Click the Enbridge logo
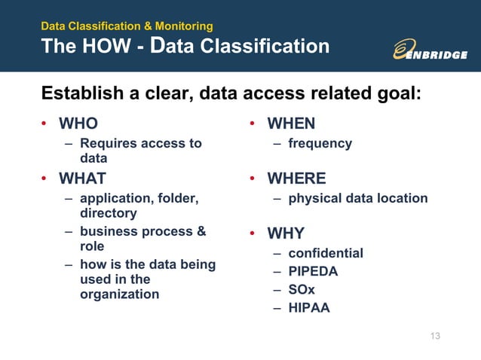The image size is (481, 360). pyautogui.click(x=430, y=49)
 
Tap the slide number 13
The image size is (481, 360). pyautogui.click(x=434, y=335)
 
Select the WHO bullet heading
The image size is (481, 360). pyautogui.click(x=78, y=123)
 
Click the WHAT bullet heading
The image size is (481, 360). pyautogui.click(x=82, y=178)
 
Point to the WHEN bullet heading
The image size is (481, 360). pyautogui.click(x=291, y=123)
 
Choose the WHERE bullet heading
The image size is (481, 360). pyautogui.click(x=296, y=178)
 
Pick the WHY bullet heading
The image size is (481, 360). pyautogui.click(x=286, y=233)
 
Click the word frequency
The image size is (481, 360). pyautogui.click(x=320, y=143)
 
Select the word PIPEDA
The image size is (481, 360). pyautogui.click(x=313, y=271)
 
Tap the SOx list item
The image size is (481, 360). pyautogui.click(x=302, y=289)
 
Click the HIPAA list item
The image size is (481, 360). pyautogui.click(x=309, y=307)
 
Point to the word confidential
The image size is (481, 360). pyautogui.click(x=326, y=253)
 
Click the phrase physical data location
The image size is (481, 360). pyautogui.click(x=357, y=198)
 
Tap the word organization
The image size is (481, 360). pyautogui.click(x=119, y=294)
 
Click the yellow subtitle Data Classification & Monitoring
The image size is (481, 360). pyautogui.click(x=127, y=26)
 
